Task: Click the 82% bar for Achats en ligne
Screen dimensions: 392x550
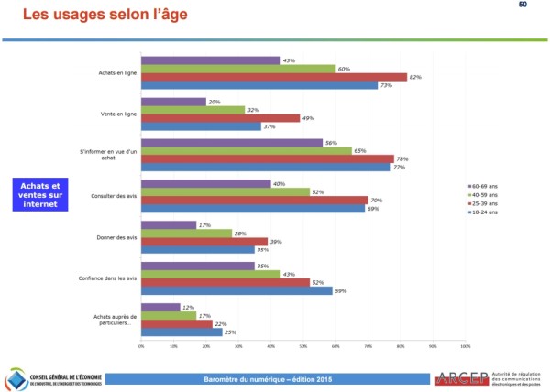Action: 273,77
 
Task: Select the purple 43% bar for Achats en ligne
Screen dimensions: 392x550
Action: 210,60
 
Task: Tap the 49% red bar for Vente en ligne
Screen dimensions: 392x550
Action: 220,118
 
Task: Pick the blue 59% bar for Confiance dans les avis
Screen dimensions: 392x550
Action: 236,291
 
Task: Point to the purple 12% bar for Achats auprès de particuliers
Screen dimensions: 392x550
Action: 160,307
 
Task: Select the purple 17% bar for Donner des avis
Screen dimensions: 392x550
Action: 169,224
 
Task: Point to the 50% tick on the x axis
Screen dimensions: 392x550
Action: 303,346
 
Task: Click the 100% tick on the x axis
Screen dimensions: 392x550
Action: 465,346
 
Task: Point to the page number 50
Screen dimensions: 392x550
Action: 522,5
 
